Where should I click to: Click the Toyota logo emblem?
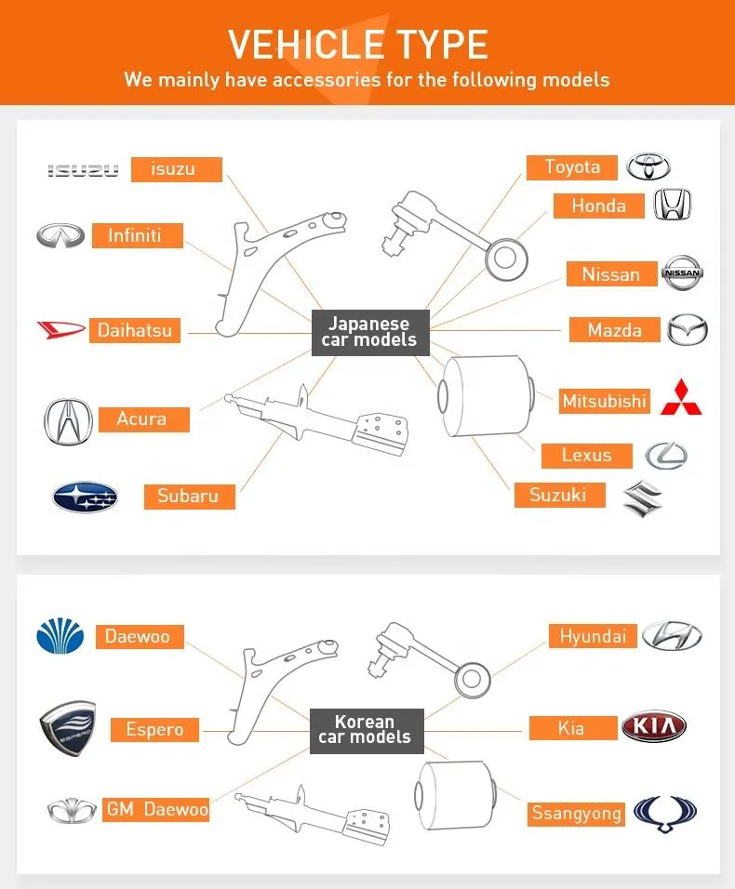pyautogui.click(x=648, y=167)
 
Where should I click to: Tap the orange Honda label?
pyautogui.click(x=598, y=206)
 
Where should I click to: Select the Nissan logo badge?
pyautogui.click(x=682, y=273)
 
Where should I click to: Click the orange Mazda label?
pyautogui.click(x=614, y=330)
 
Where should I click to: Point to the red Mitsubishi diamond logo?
pyautogui.click(x=682, y=397)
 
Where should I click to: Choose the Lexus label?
pyautogui.click(x=586, y=455)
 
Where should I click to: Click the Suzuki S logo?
pyautogui.click(x=642, y=498)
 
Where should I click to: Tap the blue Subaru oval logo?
pyautogui.click(x=85, y=498)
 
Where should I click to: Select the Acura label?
pyautogui.click(x=141, y=419)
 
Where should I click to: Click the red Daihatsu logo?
pyautogui.click(x=60, y=329)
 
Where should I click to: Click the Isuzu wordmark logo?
pyautogui.click(x=84, y=170)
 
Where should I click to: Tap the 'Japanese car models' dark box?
pyautogui.click(x=369, y=332)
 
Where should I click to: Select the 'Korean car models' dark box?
pyautogui.click(x=366, y=730)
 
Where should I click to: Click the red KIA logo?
pyautogui.click(x=653, y=727)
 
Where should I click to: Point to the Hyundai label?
pyautogui.click(x=593, y=637)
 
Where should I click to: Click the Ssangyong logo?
pyautogui.click(x=664, y=813)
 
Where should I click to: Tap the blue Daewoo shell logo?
pyautogui.click(x=60, y=637)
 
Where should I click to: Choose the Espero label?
pyautogui.click(x=154, y=730)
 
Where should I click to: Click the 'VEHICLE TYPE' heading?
pyautogui.click(x=358, y=45)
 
